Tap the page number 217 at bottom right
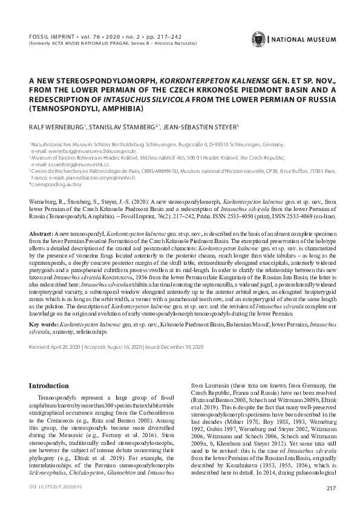pyautogui.click(x=330, y=488)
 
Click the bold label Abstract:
pyautogui.click(x=41, y=233)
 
